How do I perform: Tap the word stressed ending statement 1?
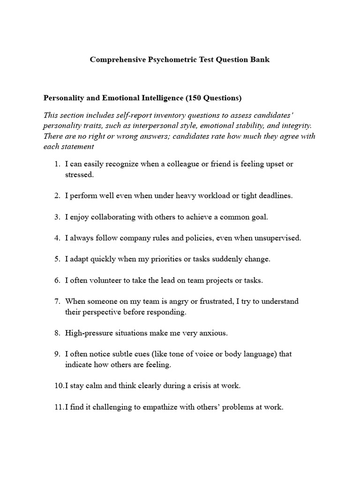(x=79, y=175)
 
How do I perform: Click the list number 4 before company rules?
(x=57, y=238)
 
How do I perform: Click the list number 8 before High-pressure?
(x=57, y=333)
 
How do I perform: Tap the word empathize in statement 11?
(x=151, y=407)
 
